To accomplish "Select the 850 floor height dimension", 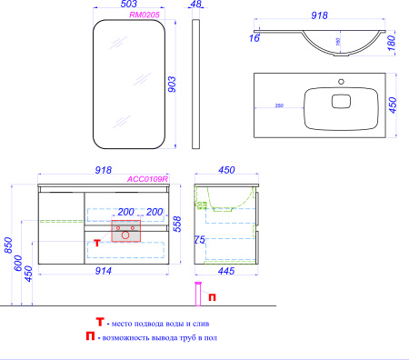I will pos(6,244).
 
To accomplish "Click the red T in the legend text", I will pos(101,323).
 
